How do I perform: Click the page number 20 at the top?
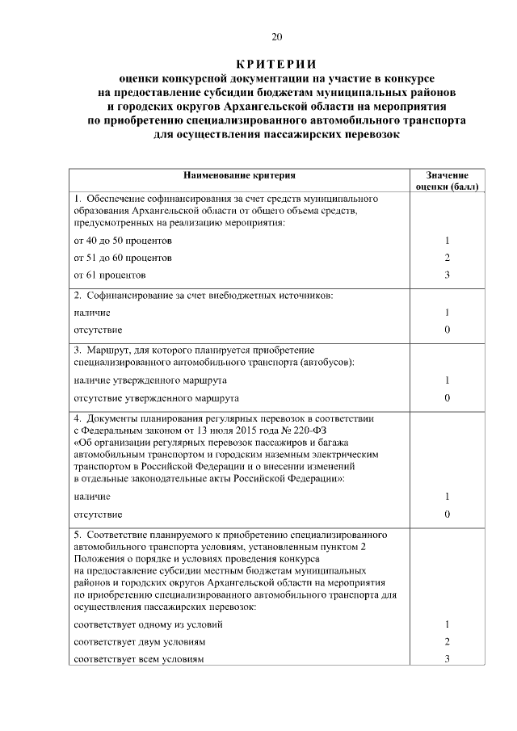click(276, 36)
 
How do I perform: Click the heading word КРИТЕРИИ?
click(276, 64)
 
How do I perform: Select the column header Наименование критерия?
click(240, 174)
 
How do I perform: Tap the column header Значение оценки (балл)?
click(447, 179)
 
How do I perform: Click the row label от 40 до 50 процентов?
click(123, 241)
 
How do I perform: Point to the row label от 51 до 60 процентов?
click(123, 258)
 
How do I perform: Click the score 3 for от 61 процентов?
click(447, 275)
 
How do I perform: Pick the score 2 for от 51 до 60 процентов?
click(447, 258)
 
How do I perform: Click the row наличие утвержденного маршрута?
click(150, 380)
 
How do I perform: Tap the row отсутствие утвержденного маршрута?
click(156, 398)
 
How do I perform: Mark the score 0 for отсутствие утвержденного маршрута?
click(447, 398)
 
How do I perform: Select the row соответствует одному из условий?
click(148, 624)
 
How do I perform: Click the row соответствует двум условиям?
click(139, 641)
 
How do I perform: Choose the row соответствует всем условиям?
click(138, 659)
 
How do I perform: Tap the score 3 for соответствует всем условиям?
click(447, 659)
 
